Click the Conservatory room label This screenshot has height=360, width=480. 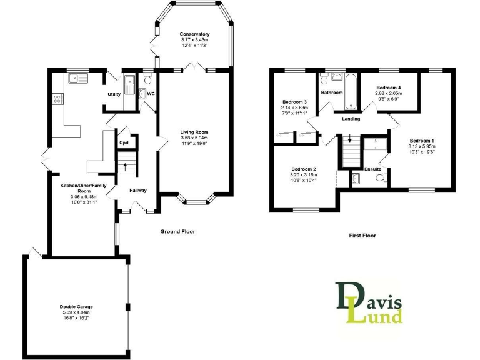pos(194,34)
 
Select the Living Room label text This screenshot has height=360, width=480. pos(194,132)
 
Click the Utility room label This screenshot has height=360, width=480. pos(114,94)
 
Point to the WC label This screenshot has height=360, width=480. pos(151,94)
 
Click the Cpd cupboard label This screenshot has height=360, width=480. pos(124,142)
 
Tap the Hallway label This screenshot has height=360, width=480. pos(138,190)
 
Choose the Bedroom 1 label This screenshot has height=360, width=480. pos(422,141)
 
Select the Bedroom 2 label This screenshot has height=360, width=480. pos(304,169)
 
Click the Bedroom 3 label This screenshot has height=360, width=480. pos(294,102)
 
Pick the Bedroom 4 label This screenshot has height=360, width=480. pos(388,87)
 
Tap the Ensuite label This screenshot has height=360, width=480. pos(374,169)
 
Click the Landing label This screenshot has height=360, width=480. pos(351,118)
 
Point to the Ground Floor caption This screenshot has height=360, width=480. pos(177,231)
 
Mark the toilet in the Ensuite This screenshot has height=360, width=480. pos(379,179)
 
